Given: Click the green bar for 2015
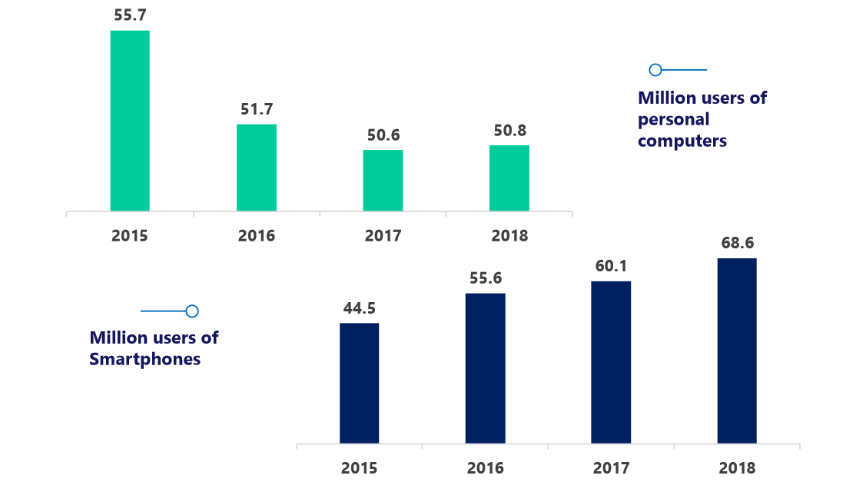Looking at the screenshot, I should [x=130, y=121].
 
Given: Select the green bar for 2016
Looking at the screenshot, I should [x=257, y=168].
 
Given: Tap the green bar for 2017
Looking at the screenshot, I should [x=383, y=181].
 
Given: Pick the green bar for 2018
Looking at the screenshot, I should [x=509, y=178].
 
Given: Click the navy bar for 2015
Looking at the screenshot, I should [x=359, y=384].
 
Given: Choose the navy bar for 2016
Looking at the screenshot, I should [x=486, y=369].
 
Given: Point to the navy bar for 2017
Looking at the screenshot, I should [x=611, y=363].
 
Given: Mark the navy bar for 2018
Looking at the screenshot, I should [x=737, y=351].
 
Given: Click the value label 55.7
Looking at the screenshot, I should [x=130, y=14].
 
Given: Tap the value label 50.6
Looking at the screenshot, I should [x=383, y=135].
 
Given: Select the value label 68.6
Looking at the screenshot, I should [x=738, y=243].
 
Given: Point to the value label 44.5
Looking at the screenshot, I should [x=360, y=308].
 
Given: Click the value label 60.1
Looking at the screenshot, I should [x=611, y=266].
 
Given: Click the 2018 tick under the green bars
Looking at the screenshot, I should [x=509, y=235].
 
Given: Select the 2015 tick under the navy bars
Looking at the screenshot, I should [x=359, y=468].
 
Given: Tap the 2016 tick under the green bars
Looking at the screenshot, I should [x=257, y=235].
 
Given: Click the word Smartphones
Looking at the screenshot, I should [x=145, y=359].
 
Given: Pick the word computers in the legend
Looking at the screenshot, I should [x=682, y=141].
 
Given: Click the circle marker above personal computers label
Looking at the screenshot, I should [x=655, y=70].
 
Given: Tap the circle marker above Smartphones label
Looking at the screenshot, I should [x=192, y=311].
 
